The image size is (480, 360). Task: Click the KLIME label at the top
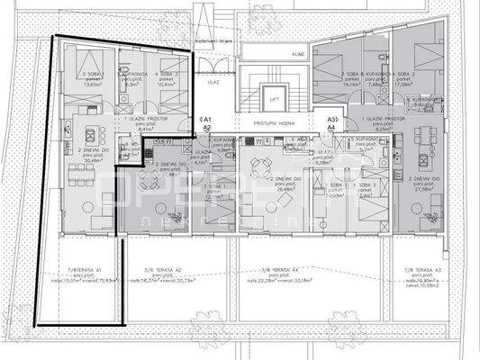(x=298, y=54)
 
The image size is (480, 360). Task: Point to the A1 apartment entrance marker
(x=206, y=119)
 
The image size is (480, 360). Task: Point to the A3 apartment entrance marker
(x=332, y=119)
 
